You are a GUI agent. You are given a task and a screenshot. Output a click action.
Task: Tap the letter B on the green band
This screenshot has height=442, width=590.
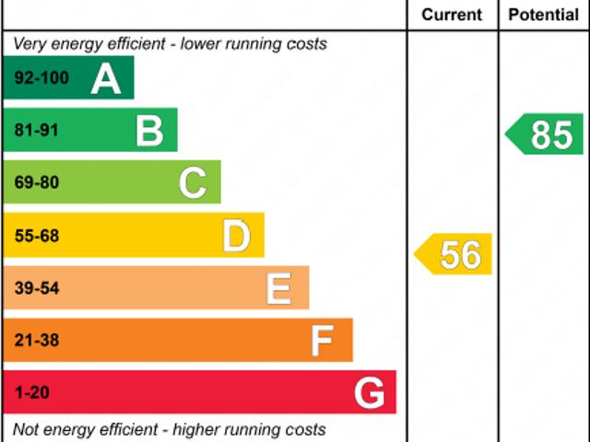click(x=149, y=131)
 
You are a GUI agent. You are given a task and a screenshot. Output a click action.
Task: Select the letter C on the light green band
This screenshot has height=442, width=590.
click(x=193, y=182)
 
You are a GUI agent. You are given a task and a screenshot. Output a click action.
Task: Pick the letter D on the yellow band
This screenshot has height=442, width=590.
click(x=237, y=236)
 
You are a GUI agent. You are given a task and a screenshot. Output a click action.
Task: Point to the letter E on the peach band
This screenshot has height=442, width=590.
click(x=278, y=288)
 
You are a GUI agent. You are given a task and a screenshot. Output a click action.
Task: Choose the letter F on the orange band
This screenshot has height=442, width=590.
click(x=321, y=341)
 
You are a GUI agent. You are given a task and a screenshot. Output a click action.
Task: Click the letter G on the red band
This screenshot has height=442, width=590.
click(x=369, y=393)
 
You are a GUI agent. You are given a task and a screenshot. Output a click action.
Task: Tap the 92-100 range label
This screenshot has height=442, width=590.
click(x=41, y=78)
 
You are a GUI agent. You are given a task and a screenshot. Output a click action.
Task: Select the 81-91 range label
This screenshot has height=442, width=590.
click(x=37, y=131)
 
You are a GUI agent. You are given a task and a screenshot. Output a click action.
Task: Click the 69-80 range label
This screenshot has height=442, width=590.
click(x=37, y=182)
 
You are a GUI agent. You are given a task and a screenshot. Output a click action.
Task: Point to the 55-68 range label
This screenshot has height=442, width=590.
click(x=37, y=236)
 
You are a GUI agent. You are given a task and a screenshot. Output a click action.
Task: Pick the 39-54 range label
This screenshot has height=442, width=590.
click(x=37, y=288)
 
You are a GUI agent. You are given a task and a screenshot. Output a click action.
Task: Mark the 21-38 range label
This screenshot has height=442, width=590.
click(x=37, y=341)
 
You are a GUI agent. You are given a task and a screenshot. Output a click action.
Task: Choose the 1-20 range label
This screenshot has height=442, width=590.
click(x=32, y=393)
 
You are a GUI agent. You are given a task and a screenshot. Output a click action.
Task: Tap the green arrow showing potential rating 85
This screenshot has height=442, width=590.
click(x=546, y=134)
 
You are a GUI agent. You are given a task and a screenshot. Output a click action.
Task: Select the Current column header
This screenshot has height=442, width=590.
click(x=452, y=15)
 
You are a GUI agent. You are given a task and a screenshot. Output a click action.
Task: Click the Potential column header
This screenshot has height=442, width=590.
click(x=544, y=15)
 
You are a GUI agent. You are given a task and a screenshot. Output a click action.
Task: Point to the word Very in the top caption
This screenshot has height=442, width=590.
click(x=29, y=43)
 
